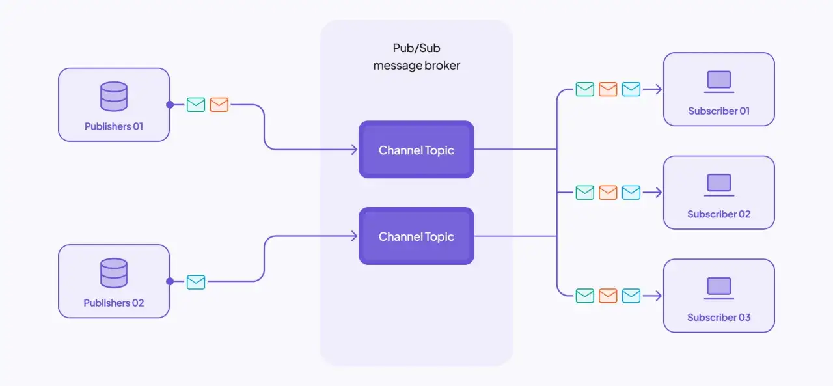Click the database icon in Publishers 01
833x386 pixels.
click(x=114, y=96)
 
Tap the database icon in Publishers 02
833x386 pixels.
click(x=114, y=273)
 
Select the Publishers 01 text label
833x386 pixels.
click(x=114, y=126)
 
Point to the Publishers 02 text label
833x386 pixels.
click(x=114, y=303)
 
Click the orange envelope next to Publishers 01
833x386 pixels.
click(x=219, y=105)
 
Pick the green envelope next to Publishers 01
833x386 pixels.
click(x=196, y=105)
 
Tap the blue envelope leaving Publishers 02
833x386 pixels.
click(x=196, y=282)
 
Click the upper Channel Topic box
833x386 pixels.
click(x=416, y=150)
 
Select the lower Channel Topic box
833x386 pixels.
click(x=416, y=236)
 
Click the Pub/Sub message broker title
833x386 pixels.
click(x=416, y=57)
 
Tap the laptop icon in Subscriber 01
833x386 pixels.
click(x=719, y=81)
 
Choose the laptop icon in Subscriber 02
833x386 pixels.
click(x=719, y=185)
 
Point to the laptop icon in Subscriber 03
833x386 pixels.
click(x=719, y=288)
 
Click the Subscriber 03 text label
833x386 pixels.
click(x=719, y=318)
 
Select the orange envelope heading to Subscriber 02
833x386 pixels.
click(x=608, y=192)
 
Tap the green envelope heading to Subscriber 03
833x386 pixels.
click(x=585, y=296)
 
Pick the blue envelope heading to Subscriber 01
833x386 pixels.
click(x=631, y=89)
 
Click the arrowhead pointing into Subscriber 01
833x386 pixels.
click(x=659, y=89)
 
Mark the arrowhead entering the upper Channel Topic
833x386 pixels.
click(x=355, y=150)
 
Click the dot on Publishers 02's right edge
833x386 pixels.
click(x=170, y=281)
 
